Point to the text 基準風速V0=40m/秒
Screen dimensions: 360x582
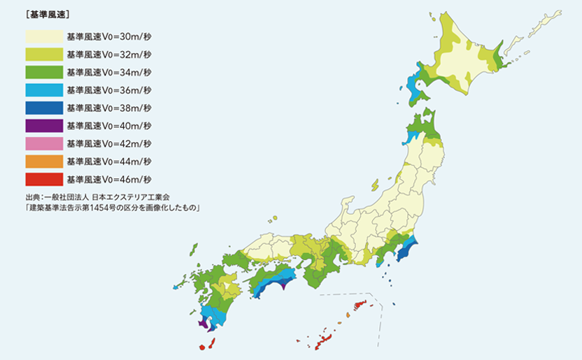(x=108, y=126)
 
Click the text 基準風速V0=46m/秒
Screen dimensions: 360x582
(x=108, y=180)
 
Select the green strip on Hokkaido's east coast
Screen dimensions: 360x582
(x=498, y=56)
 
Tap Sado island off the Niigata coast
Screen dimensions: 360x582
(x=375, y=185)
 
